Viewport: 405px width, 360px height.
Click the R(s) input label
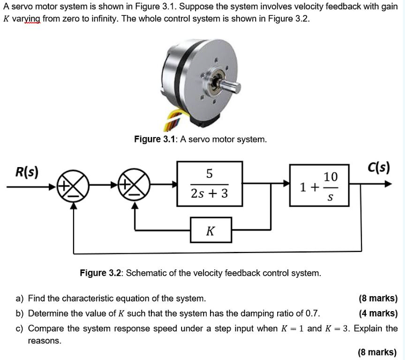26,171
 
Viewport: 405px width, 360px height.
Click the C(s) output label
379,168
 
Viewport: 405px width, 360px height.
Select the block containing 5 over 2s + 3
209,184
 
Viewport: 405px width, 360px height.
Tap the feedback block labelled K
211,231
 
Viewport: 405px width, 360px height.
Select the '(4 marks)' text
378,313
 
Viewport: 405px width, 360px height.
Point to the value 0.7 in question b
313,313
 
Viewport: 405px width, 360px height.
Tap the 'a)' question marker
19,298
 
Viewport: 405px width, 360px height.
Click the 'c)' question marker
19,328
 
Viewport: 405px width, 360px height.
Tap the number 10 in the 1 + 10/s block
330,177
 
